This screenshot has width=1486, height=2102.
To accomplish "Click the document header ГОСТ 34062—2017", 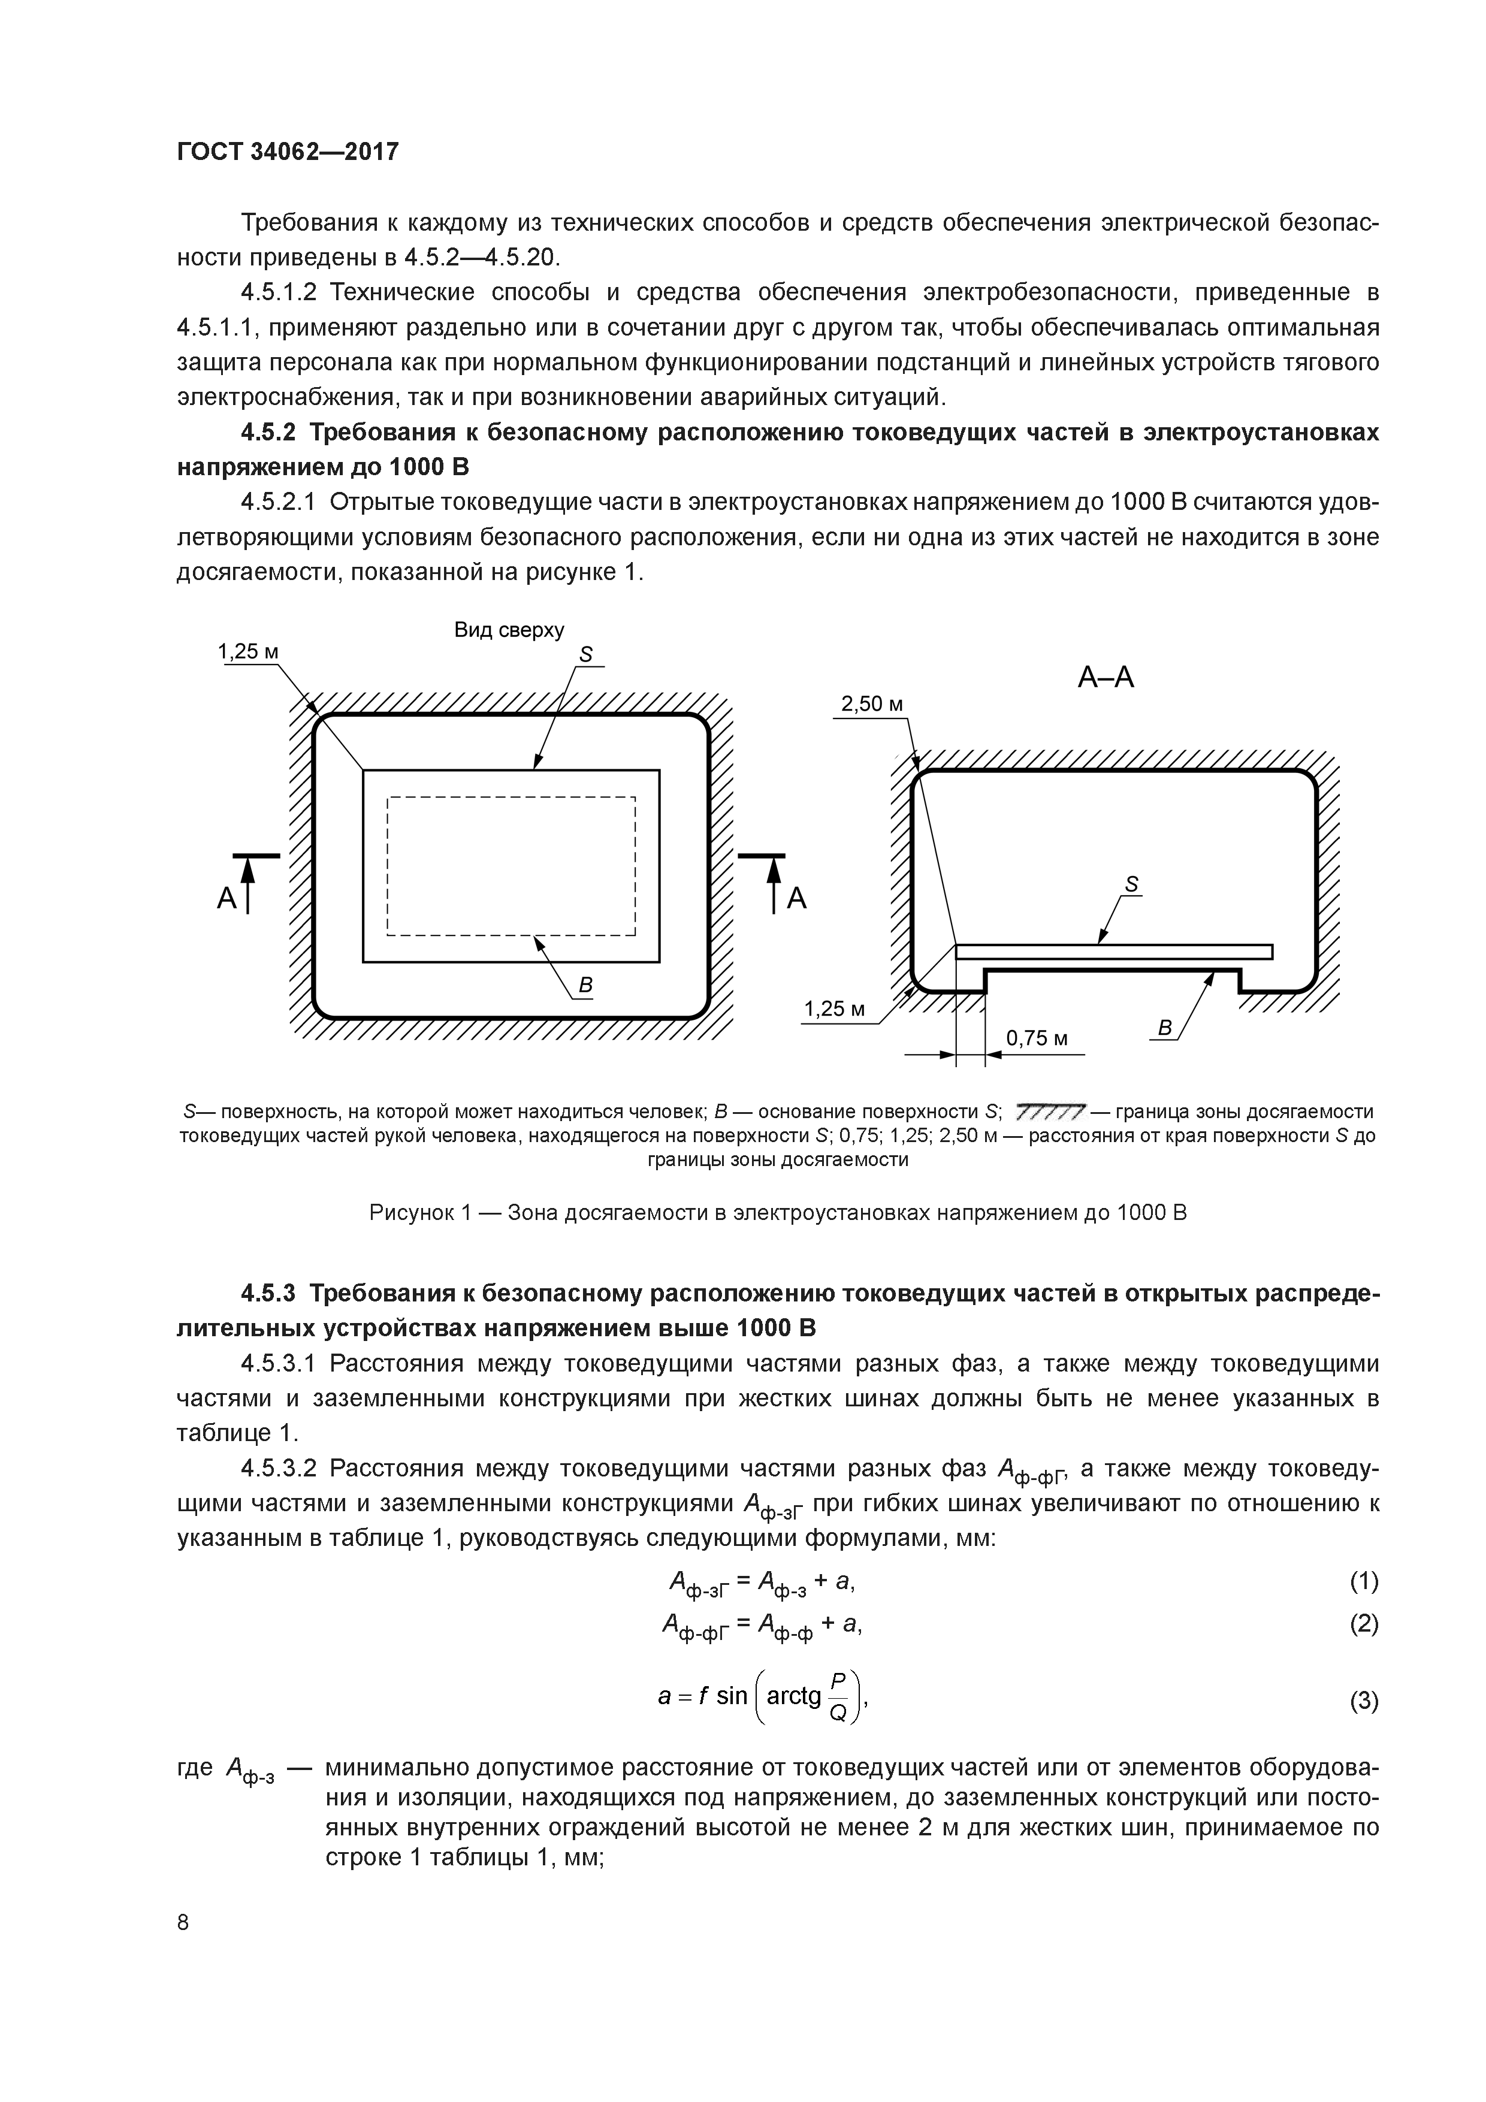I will (288, 151).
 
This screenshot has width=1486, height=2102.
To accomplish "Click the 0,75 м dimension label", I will (1037, 1038).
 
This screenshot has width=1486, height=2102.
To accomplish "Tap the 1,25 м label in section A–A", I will (834, 1009).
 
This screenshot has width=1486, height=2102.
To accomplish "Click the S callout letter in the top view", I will (586, 654).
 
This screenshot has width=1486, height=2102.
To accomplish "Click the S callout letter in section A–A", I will (1132, 884).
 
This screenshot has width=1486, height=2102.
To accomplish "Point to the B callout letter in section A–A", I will (1165, 1028).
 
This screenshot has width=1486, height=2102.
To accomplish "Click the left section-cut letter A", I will (226, 899).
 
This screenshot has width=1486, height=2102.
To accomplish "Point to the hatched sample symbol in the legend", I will (1050, 1112).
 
